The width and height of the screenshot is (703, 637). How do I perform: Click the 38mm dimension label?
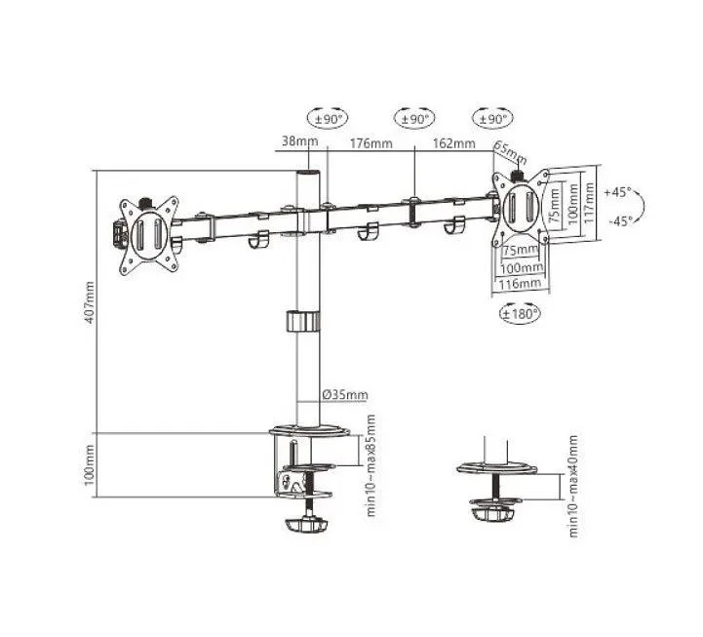(x=299, y=140)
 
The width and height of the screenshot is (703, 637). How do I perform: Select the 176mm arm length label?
(x=371, y=143)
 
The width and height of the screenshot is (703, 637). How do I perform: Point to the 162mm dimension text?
(x=453, y=143)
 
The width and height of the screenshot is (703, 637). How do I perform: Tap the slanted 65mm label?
(x=510, y=153)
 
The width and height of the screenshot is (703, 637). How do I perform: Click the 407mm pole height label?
(x=90, y=301)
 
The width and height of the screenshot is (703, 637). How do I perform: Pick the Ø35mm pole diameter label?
(x=345, y=395)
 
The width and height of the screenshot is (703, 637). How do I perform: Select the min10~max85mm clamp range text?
(x=371, y=465)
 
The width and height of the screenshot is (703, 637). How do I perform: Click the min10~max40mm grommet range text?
(x=573, y=486)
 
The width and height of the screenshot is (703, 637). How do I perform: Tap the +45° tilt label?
(x=616, y=192)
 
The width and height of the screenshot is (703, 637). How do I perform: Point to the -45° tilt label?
(x=620, y=221)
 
